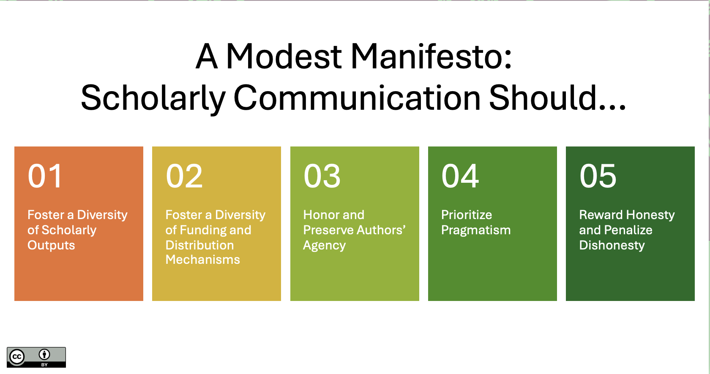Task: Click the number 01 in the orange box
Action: pos(45,176)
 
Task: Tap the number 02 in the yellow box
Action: pos(184,176)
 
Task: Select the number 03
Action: pos(322,176)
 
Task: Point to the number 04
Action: pos(460,176)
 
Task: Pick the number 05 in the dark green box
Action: pos(598,176)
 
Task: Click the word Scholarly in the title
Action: pos(153,99)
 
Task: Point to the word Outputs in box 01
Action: pos(51,246)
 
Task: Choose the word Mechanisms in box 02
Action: pos(203,260)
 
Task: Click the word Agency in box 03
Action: pos(324,246)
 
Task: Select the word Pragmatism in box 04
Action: pos(476,230)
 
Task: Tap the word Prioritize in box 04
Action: pos(467,215)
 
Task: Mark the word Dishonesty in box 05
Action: pos(612,246)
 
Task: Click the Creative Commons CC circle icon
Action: pos(17,357)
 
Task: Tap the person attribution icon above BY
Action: pos(44,354)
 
